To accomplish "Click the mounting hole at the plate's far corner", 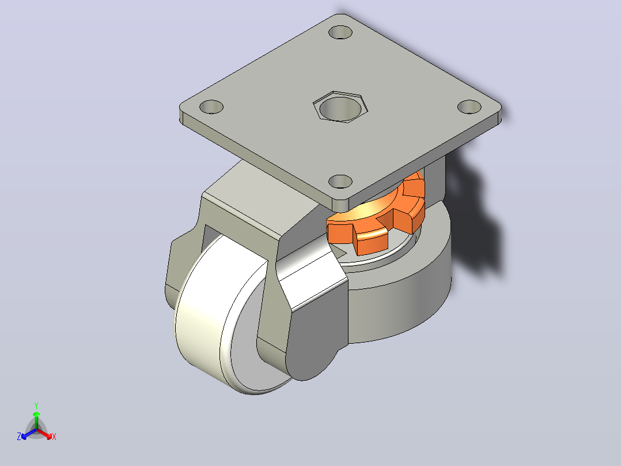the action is pyautogui.click(x=340, y=32).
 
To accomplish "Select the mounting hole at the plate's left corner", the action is pyautogui.click(x=211, y=107).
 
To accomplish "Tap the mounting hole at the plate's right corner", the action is pyautogui.click(x=469, y=107).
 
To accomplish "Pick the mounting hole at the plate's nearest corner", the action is pyautogui.click(x=340, y=182).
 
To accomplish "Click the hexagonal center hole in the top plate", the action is pyautogui.click(x=340, y=107).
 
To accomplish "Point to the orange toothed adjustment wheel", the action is pyautogui.click(x=376, y=214).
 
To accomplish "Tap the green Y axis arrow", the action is pyautogui.click(x=36, y=420).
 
